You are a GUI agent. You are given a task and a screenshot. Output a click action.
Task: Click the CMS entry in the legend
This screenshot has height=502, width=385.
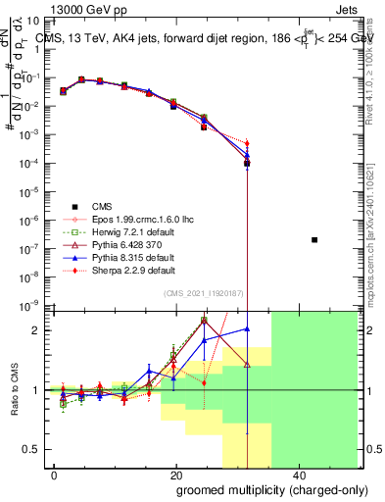103,206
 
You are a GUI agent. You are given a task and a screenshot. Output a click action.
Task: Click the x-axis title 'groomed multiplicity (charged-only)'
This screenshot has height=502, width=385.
260,489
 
